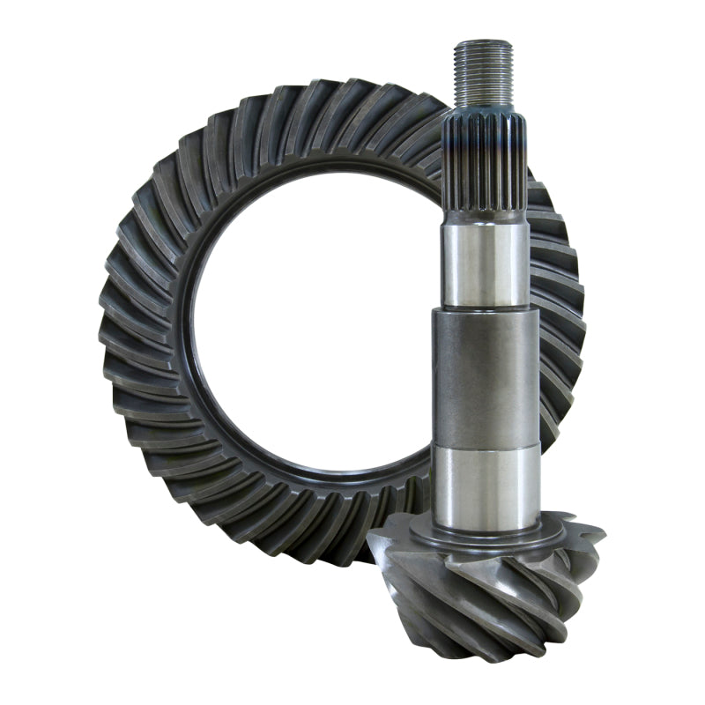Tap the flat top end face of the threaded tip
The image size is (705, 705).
point(483,41)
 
